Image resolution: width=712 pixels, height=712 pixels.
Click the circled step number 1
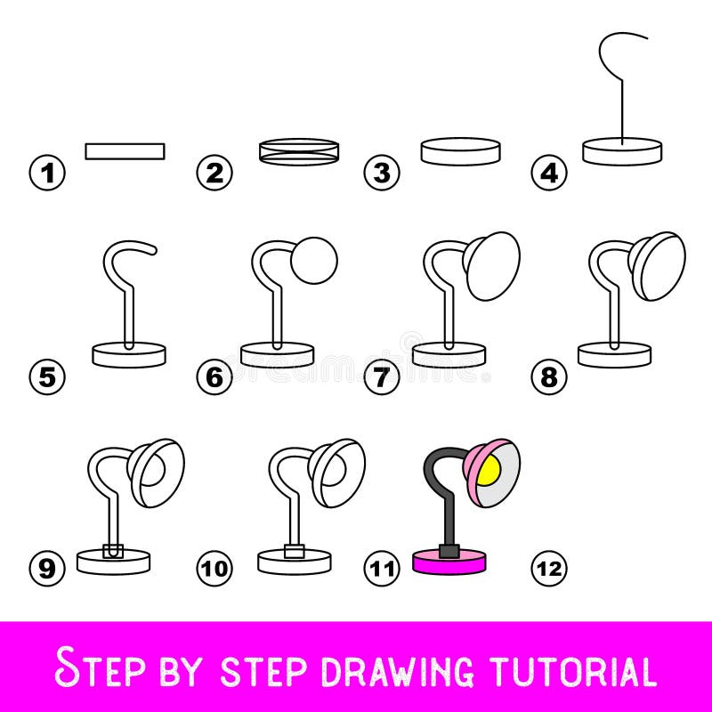(x=48, y=172)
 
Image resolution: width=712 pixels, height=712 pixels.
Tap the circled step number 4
(x=549, y=172)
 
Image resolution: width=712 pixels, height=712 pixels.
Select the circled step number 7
(x=382, y=377)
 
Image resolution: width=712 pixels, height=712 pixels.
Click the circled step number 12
(x=549, y=566)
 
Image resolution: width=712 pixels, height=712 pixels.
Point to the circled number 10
(x=214, y=566)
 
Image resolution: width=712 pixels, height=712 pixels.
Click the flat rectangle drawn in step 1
(x=125, y=150)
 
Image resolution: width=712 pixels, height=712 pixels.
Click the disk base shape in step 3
(x=460, y=151)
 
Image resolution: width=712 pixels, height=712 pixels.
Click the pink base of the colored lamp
(x=450, y=562)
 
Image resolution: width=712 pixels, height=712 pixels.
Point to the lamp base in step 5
(x=129, y=353)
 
